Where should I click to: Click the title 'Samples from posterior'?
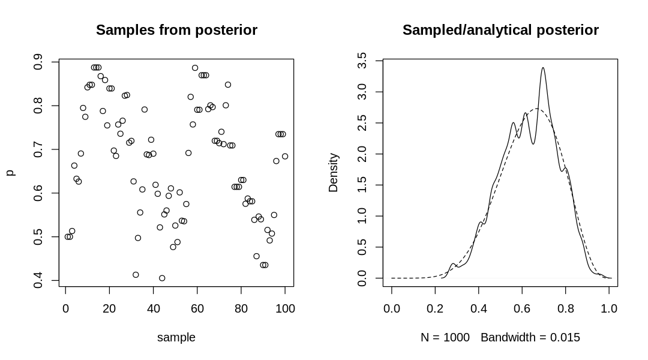click(x=176, y=30)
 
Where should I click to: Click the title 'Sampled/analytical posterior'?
click(x=500, y=30)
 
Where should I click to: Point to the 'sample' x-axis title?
click(x=176, y=337)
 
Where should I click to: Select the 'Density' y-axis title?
click(x=334, y=173)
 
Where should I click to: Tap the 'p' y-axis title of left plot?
click(x=10, y=173)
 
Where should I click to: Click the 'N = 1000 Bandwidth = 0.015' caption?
click(x=500, y=337)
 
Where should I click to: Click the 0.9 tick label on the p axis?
click(x=38, y=62)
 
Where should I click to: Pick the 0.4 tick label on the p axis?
click(x=38, y=280)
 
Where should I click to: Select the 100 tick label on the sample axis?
click(x=285, y=308)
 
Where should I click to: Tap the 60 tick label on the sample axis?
click(x=197, y=308)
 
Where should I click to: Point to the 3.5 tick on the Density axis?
click(x=362, y=61)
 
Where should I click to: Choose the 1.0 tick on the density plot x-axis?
click(x=609, y=308)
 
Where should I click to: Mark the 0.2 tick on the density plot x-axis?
click(x=436, y=308)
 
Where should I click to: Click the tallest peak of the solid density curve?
click(x=543, y=68)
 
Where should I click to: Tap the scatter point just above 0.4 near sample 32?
click(x=136, y=275)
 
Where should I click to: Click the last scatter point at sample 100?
click(x=285, y=157)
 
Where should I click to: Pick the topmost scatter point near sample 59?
click(x=195, y=68)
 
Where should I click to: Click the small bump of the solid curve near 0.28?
click(x=453, y=264)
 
